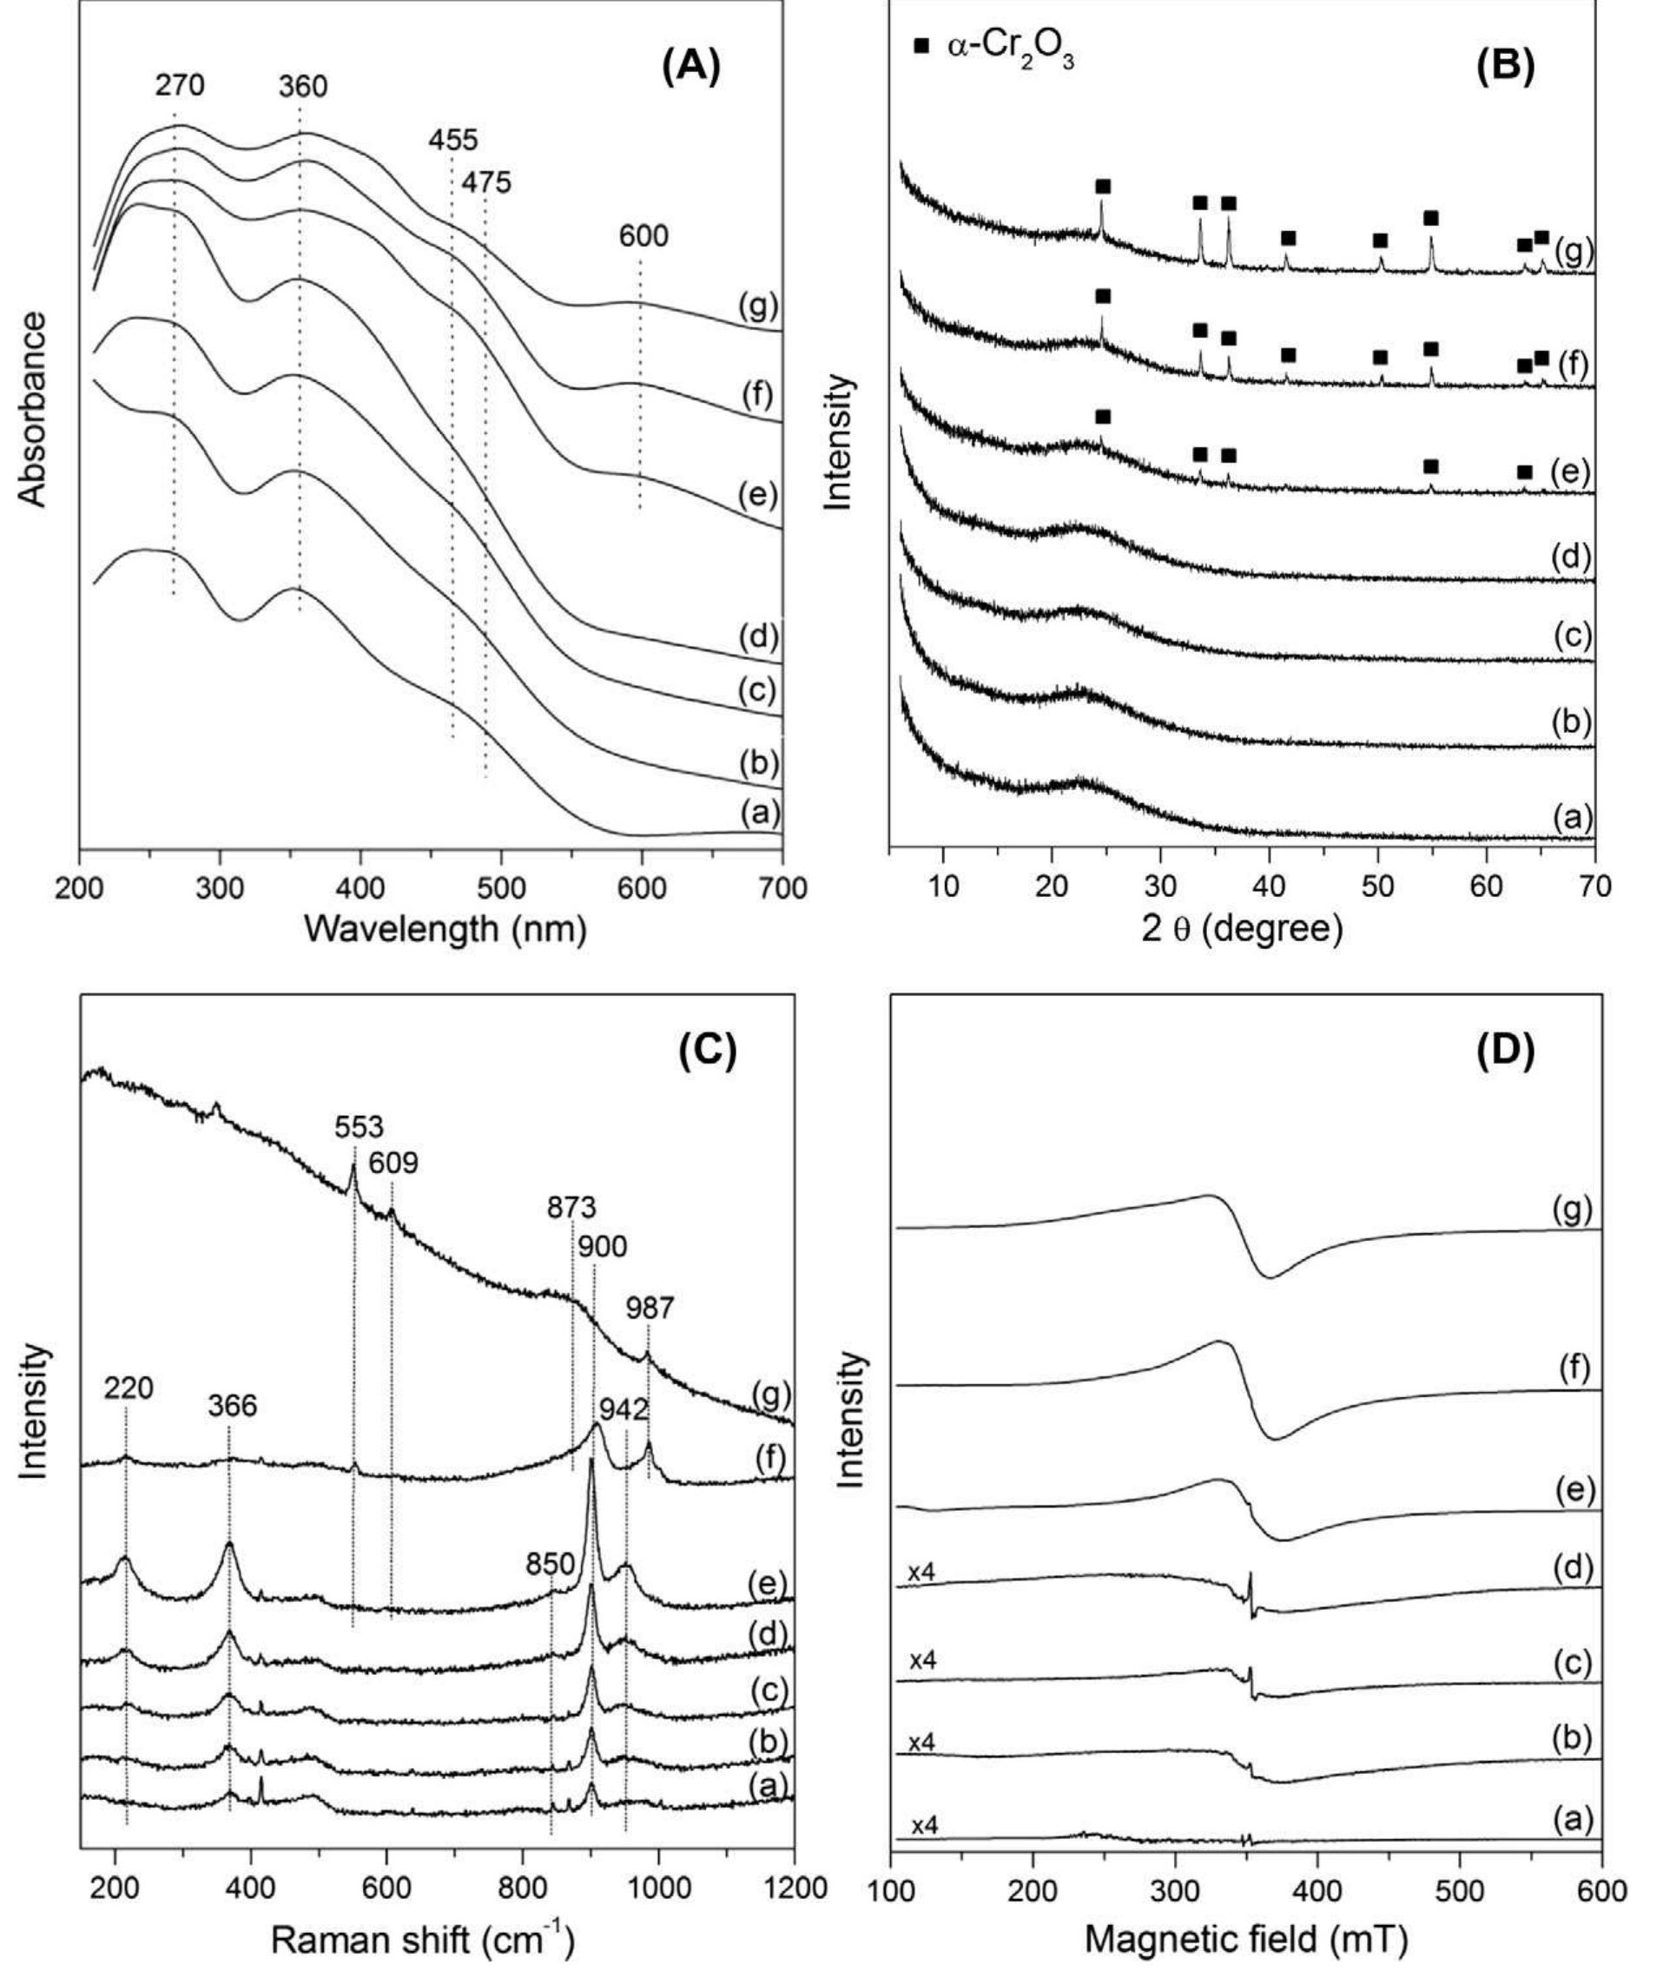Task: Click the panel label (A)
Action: point(691,68)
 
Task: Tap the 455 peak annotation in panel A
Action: point(452,141)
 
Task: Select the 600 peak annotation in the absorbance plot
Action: point(643,235)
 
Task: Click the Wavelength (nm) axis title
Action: point(445,930)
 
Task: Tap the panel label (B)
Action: point(1505,68)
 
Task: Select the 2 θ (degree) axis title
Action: point(1242,930)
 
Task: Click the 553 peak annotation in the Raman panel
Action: point(360,1127)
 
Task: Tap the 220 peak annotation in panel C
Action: point(129,1388)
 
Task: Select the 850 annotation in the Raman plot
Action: point(551,1564)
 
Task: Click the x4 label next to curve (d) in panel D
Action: point(922,1572)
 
